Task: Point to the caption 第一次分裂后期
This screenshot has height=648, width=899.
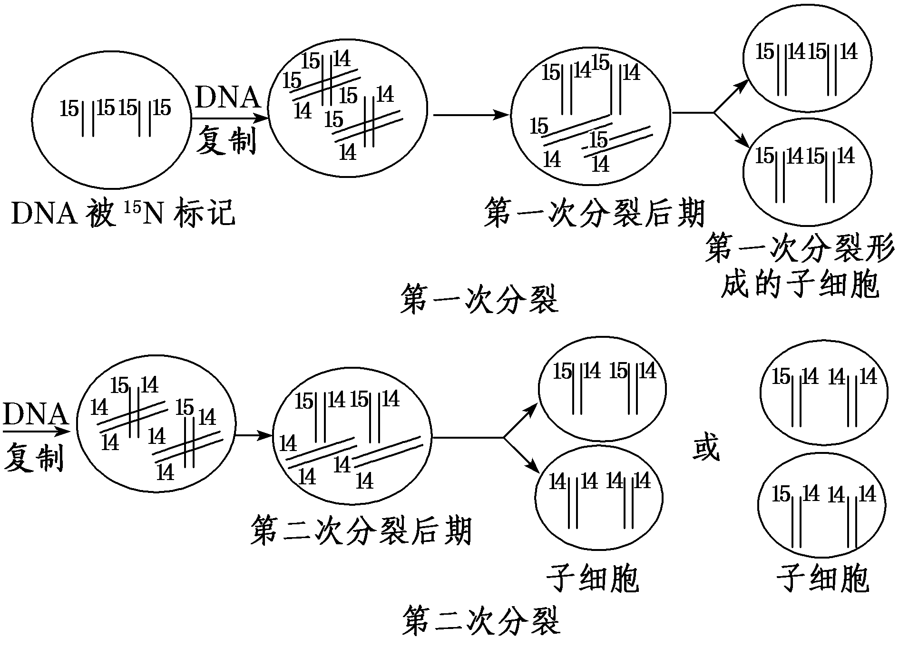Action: (595, 213)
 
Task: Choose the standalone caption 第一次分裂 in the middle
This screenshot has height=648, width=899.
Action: (479, 299)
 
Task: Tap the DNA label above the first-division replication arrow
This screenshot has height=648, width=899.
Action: (228, 98)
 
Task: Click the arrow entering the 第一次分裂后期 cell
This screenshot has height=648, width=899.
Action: (471, 115)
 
